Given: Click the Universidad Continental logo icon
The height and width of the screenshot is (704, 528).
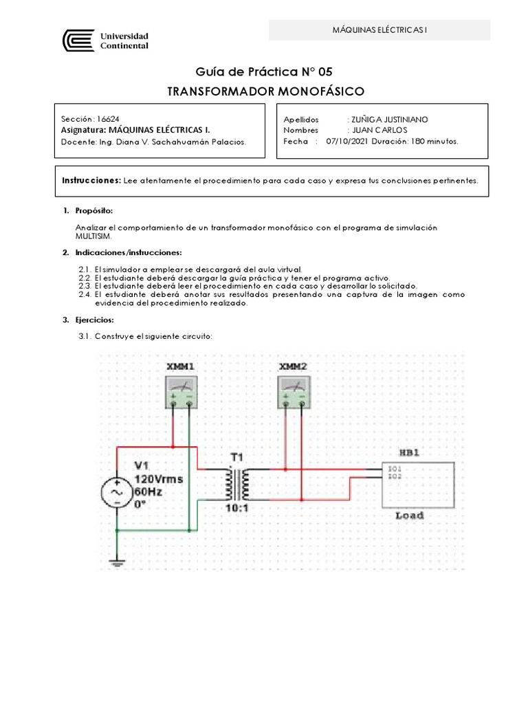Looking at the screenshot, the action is tap(77, 41).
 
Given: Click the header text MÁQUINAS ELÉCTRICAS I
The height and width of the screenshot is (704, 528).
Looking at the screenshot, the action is tap(379, 30).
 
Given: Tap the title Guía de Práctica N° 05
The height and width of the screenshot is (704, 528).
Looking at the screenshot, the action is tap(264, 71).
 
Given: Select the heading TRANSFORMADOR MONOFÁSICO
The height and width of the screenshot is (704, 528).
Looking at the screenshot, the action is tap(266, 91).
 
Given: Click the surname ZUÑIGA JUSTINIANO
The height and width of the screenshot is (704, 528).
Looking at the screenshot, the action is tap(389, 119).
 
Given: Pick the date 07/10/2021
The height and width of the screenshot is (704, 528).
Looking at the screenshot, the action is tap(347, 141).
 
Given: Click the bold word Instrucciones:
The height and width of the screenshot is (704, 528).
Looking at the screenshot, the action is tap(91, 179).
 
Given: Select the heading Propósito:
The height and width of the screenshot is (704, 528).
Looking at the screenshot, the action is tap(94, 210).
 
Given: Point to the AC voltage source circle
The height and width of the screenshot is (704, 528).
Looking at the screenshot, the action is tap(118, 492).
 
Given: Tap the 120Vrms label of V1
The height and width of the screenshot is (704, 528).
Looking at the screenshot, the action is tap(159, 478).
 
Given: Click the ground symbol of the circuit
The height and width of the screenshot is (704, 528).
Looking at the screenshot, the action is tap(118, 563).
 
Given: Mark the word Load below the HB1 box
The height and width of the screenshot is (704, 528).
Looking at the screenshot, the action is tap(409, 515).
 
